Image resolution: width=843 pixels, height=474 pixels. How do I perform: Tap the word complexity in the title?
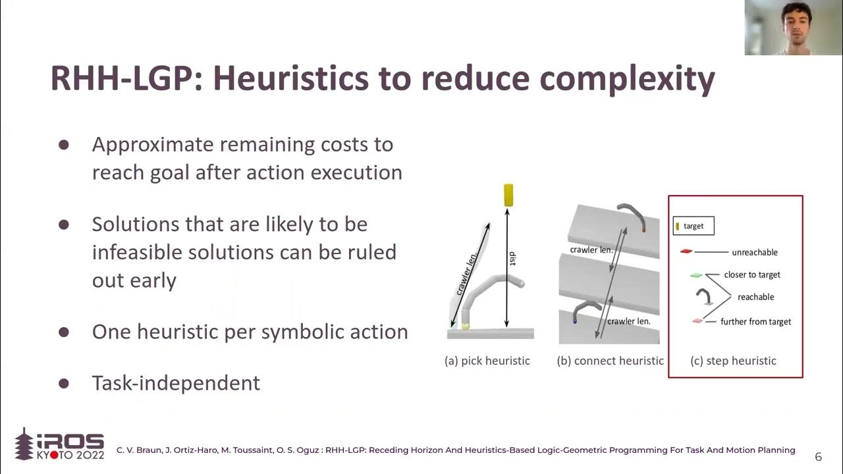click(x=627, y=78)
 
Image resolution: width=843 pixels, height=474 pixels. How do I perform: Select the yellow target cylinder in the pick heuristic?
click(x=508, y=196)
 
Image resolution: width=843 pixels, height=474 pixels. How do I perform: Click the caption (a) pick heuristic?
click(x=487, y=361)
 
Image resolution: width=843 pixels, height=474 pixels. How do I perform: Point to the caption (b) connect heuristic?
click(x=610, y=361)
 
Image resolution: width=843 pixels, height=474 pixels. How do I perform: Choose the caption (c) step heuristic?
click(x=733, y=361)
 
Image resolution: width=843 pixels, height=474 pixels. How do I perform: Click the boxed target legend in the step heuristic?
click(x=693, y=226)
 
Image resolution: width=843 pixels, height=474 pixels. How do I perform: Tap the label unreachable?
click(x=755, y=252)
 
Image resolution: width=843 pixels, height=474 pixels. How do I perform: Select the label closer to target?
click(x=752, y=275)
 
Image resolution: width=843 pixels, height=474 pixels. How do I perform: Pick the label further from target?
click(x=755, y=322)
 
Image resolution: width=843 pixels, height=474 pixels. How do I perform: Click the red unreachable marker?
click(x=686, y=251)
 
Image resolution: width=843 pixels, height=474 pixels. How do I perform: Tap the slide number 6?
click(x=818, y=456)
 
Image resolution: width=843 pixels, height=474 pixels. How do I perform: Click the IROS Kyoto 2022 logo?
click(x=59, y=445)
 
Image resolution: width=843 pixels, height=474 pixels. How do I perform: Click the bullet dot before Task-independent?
click(x=64, y=383)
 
